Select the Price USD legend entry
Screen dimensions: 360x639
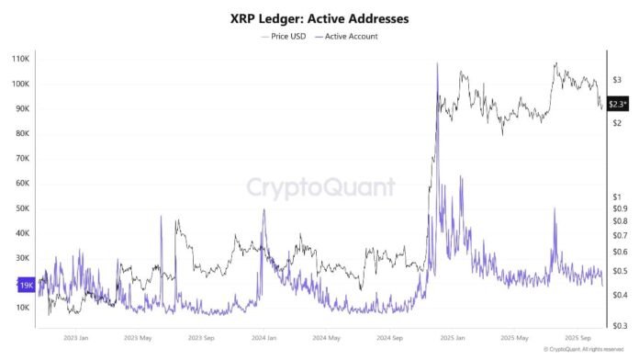tap(288, 37)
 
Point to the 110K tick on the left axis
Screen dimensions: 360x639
tap(21, 59)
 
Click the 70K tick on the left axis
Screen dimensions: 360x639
tap(23, 158)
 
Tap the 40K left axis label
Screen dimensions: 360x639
tap(23, 233)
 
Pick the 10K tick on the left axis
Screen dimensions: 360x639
tap(23, 308)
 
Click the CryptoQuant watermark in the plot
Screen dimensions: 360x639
tap(320, 188)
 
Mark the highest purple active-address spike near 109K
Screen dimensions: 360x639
tap(437, 63)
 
